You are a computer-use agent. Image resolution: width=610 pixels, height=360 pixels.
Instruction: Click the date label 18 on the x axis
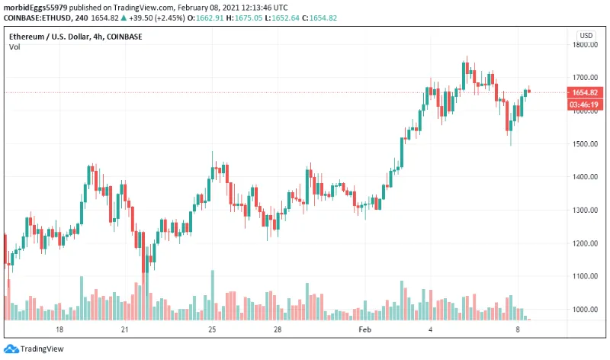point(59,329)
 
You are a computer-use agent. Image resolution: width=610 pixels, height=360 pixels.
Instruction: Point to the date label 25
point(213,329)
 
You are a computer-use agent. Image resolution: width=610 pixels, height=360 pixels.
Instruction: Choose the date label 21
point(126,329)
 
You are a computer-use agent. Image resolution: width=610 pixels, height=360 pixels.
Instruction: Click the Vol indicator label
point(14,47)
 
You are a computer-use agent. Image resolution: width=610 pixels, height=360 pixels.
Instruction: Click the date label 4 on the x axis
point(431,329)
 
